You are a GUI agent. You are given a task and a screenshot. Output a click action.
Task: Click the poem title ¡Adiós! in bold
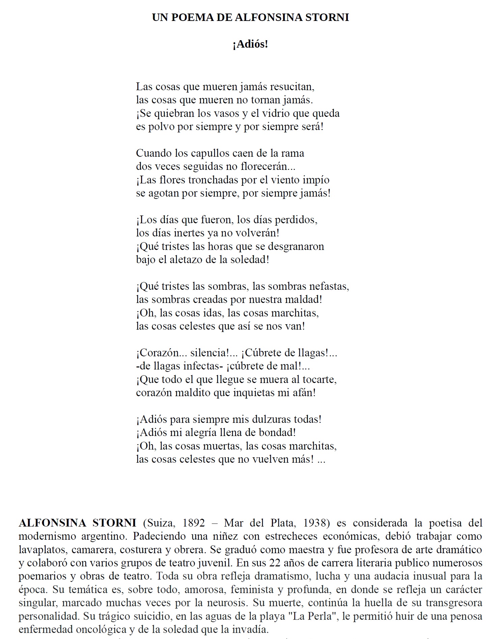pos(250,44)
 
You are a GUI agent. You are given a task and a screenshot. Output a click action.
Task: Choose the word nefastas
pos(330,286)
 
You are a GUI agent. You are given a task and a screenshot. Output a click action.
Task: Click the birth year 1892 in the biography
pos(193,523)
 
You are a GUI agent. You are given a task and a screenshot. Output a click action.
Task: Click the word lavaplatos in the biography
pos(43,550)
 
